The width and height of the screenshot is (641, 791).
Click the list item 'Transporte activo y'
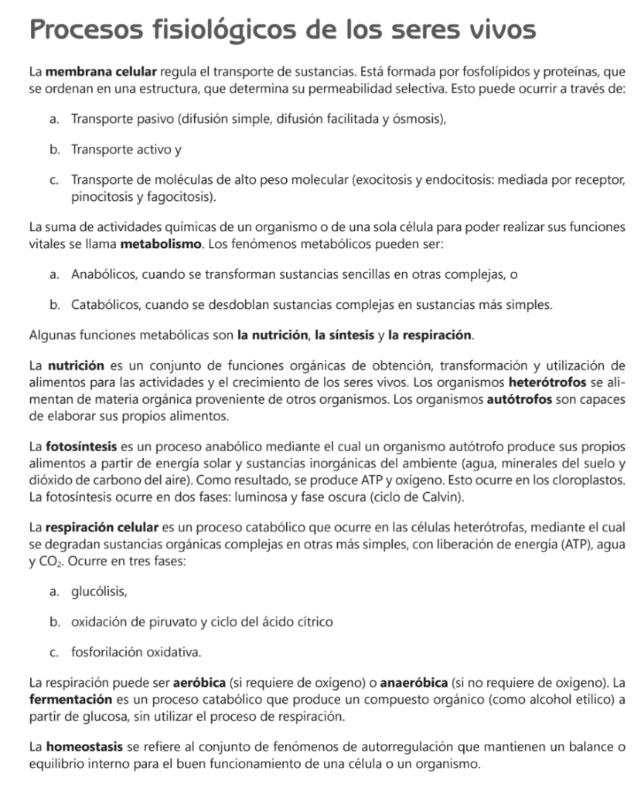pyautogui.click(x=126, y=149)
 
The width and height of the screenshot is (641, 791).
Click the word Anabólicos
pyautogui.click(x=103, y=274)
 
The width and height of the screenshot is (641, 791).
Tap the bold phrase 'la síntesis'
pyautogui.click(x=343, y=336)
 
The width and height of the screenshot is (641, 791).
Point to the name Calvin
pyautogui.click(x=442, y=497)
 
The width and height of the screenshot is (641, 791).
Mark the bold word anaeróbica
pyautogui.click(x=414, y=684)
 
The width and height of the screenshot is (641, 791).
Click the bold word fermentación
pyautogui.click(x=70, y=700)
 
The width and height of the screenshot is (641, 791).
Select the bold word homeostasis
pyautogui.click(x=85, y=747)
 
